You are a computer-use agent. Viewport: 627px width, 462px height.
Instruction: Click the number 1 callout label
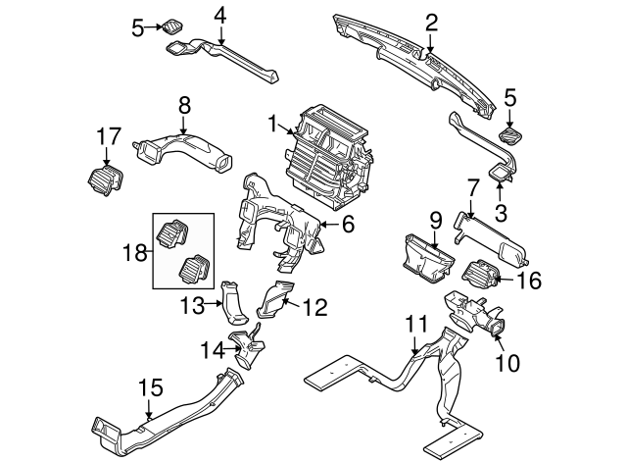coord(271,123)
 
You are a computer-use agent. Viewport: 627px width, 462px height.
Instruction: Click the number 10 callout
coord(507,363)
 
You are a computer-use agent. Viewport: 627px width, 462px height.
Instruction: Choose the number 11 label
coord(416,321)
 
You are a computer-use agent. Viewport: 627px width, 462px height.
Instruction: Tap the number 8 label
coord(182,101)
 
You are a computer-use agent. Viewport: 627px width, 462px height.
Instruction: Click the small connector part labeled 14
coord(248,345)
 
